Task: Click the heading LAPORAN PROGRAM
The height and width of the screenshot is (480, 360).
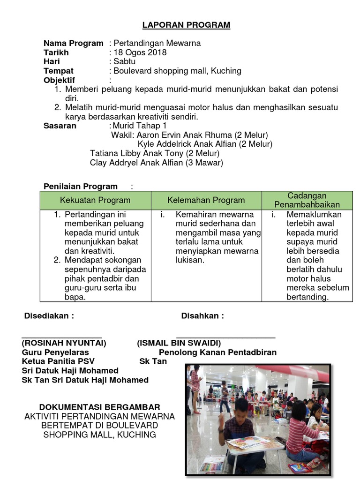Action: coord(187,25)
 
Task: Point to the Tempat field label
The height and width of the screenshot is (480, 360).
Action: coord(59,71)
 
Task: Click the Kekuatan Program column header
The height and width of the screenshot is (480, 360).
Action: coord(95,200)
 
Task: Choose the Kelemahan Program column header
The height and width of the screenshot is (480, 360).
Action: coord(206,200)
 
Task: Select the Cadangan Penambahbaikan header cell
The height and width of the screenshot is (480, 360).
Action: coord(307,200)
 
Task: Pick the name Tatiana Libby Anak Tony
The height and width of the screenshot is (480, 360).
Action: coord(137,153)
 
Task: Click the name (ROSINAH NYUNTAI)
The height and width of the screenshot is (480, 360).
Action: coord(64,343)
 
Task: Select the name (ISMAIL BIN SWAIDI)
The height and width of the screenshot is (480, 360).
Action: coord(179,343)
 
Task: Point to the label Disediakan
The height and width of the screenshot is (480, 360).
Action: coord(49,316)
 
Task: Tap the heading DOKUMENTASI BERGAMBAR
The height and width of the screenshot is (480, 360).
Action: coord(99,407)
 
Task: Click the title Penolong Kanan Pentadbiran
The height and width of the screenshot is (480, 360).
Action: coord(218,352)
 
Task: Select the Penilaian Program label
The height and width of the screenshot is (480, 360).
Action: coord(81,187)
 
